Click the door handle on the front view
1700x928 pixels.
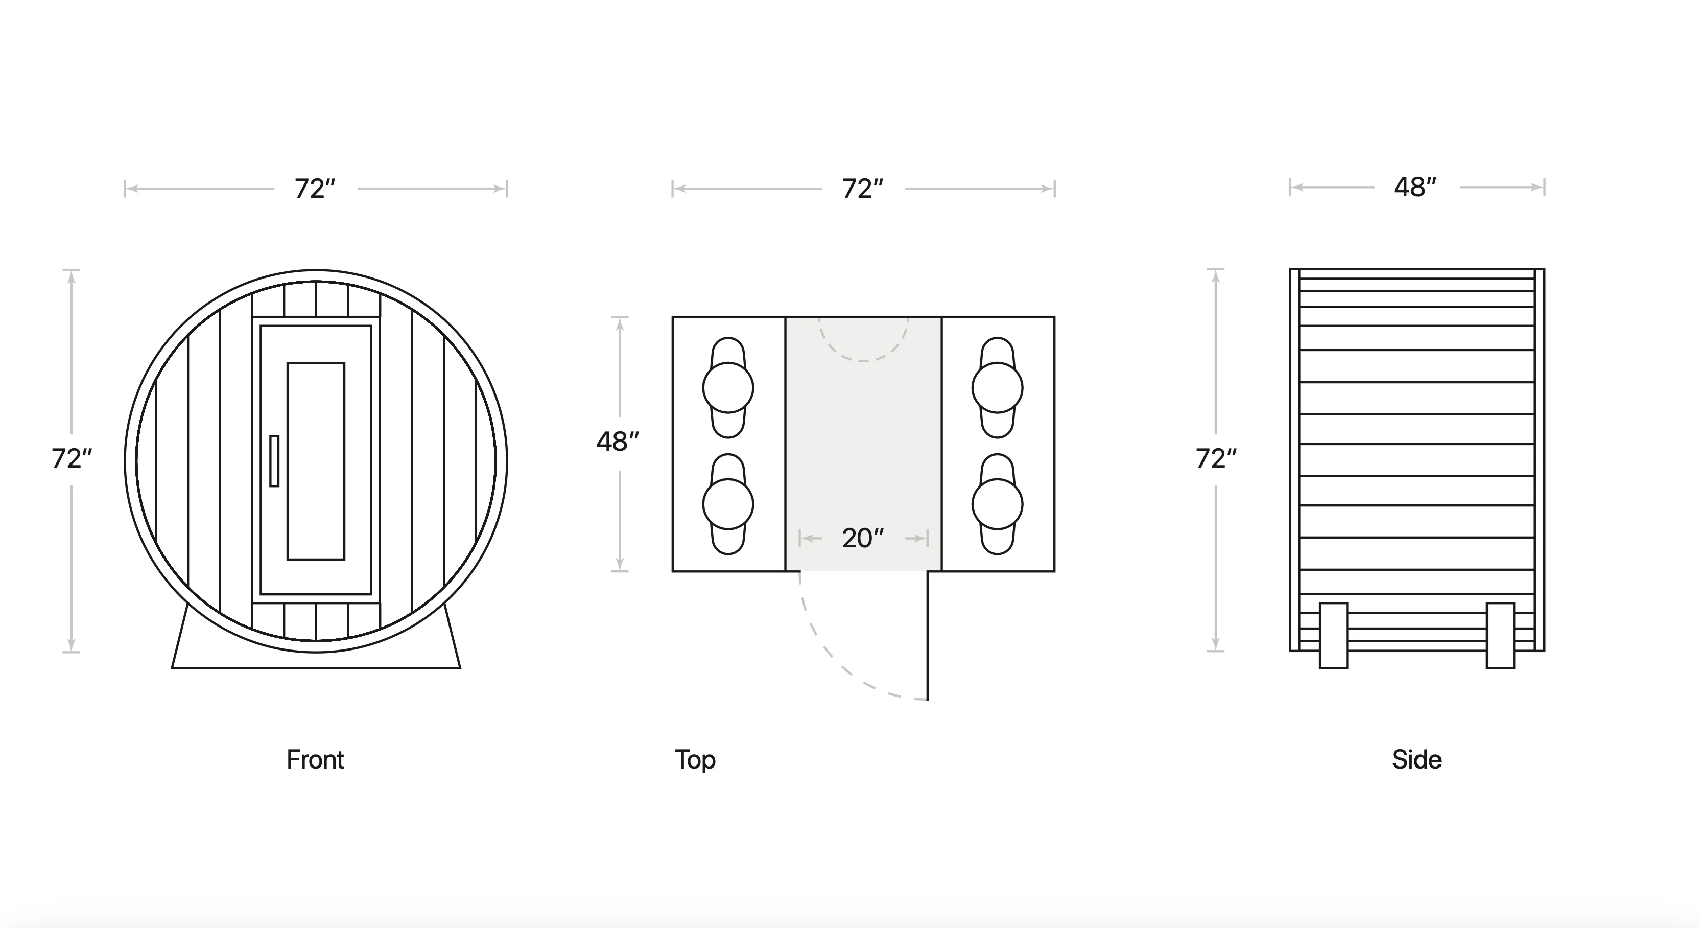[274, 461]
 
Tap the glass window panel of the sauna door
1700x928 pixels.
[316, 461]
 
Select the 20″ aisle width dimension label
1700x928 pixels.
[863, 538]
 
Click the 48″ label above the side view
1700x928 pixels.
[1415, 188]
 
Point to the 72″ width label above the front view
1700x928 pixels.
[315, 189]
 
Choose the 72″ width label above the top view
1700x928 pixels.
[863, 189]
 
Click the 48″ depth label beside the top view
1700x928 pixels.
[618, 442]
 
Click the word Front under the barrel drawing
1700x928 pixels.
[315, 760]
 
